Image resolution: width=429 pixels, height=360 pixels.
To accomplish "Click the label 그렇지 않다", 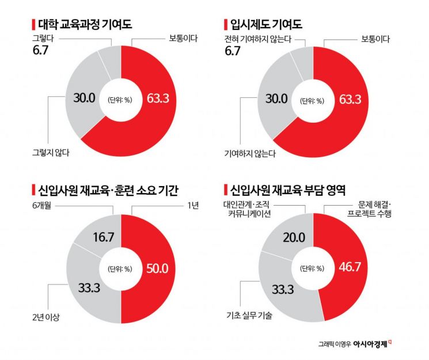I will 51,153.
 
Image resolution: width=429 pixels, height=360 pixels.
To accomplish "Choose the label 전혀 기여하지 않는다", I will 257,39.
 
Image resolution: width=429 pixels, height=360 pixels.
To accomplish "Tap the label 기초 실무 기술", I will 249,315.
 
